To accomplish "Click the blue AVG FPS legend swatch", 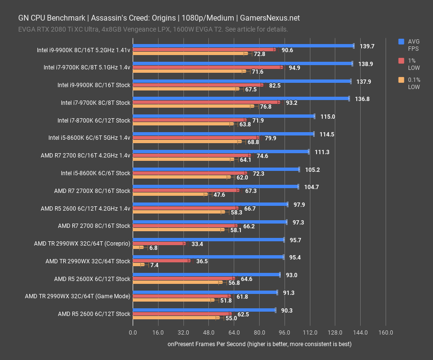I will [401, 42].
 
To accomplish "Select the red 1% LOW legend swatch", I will [401, 61].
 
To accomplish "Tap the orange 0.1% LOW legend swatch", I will [401, 80].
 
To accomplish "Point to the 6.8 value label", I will [153, 248].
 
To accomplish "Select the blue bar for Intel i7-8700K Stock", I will [223, 116].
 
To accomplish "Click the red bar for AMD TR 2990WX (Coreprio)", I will [159, 243].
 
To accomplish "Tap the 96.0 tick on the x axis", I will [285, 333].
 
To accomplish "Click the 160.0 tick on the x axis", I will [386, 333].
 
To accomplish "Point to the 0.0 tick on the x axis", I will [133, 333].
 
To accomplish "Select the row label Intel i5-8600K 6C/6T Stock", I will [95, 173].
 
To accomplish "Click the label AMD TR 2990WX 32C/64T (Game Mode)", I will [78, 296].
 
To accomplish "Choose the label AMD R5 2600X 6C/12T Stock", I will [92, 279].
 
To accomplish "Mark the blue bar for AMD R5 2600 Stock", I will [204, 310].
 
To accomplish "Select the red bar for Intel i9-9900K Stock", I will [198, 85].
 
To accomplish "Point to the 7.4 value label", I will [154, 265].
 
